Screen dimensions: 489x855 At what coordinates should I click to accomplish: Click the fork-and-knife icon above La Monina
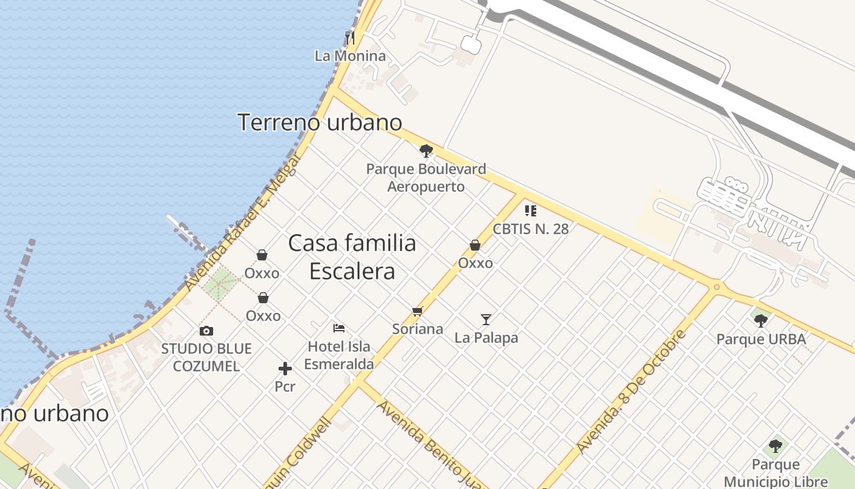tap(350, 38)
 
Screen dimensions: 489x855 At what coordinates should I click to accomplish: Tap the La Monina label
tap(351, 56)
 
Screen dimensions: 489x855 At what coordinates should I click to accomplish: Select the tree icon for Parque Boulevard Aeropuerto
tap(426, 150)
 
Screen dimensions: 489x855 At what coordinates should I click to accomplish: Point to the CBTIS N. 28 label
tap(531, 229)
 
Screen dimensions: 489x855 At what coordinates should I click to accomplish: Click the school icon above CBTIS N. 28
tap(531, 211)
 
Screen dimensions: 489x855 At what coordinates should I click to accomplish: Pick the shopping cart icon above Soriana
tap(418, 312)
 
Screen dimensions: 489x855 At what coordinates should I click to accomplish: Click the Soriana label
tap(418, 329)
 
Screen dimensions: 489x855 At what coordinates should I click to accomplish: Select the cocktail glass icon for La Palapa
tap(486, 319)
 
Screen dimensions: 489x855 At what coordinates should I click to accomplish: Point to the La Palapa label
tap(486, 337)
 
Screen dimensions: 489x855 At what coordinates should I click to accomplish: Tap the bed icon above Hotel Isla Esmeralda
tap(339, 328)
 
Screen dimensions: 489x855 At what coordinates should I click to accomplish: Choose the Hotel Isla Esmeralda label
tap(339, 355)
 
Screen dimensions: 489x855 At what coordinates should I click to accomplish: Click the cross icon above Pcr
tap(285, 369)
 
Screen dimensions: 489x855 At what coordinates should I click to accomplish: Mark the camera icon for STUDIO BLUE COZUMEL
tap(206, 331)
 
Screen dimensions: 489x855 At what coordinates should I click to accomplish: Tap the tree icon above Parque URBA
tap(761, 320)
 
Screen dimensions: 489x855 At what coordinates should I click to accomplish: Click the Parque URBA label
tap(761, 339)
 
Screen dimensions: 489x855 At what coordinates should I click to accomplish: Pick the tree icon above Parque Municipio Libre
tap(776, 446)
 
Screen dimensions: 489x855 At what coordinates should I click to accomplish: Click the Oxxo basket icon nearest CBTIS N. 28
tap(475, 245)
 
